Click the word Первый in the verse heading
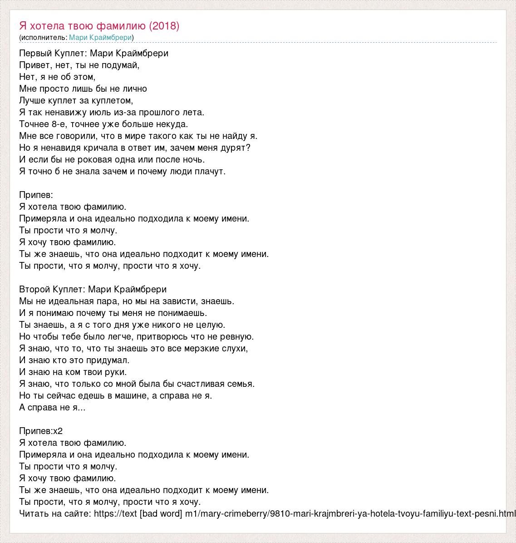click(x=34, y=54)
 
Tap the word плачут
click(x=211, y=172)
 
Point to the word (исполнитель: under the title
click(x=44, y=37)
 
